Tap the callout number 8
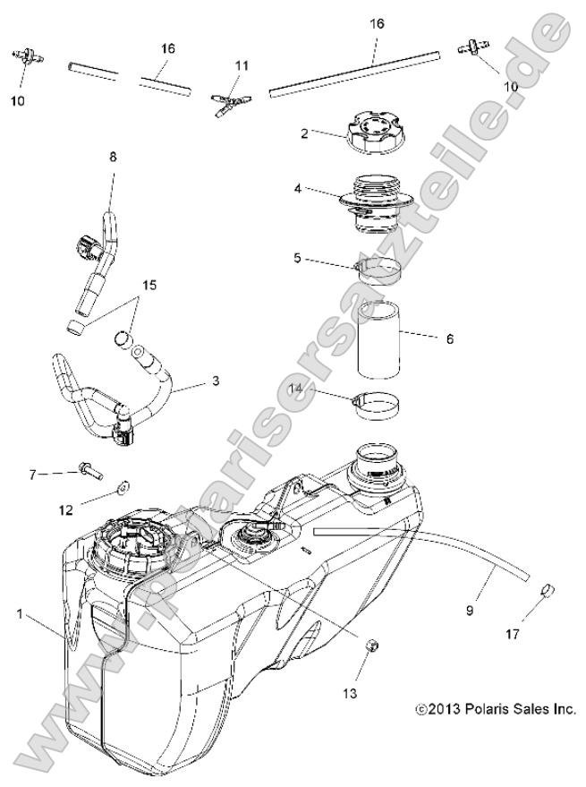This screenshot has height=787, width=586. [113, 158]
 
